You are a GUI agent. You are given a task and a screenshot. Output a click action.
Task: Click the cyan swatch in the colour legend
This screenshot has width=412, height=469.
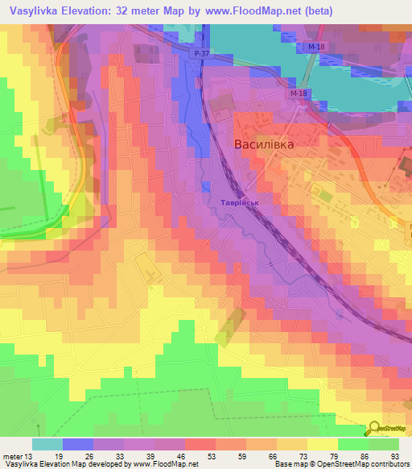(x=47, y=444)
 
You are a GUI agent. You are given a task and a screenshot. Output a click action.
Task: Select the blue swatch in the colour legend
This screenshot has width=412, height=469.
(x=78, y=444)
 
